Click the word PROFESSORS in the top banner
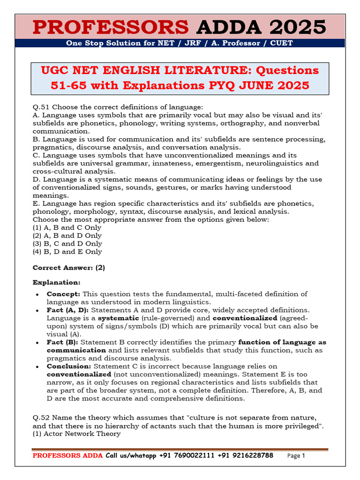click(x=112, y=27)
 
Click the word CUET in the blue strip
click(x=282, y=43)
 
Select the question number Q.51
click(x=41, y=107)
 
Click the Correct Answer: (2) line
click(x=69, y=268)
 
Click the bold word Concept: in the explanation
click(x=63, y=294)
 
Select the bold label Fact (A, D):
click(x=68, y=310)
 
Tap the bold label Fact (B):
click(x=62, y=342)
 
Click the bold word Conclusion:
click(x=69, y=366)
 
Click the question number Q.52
click(x=41, y=418)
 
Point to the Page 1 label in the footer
click(x=296, y=456)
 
